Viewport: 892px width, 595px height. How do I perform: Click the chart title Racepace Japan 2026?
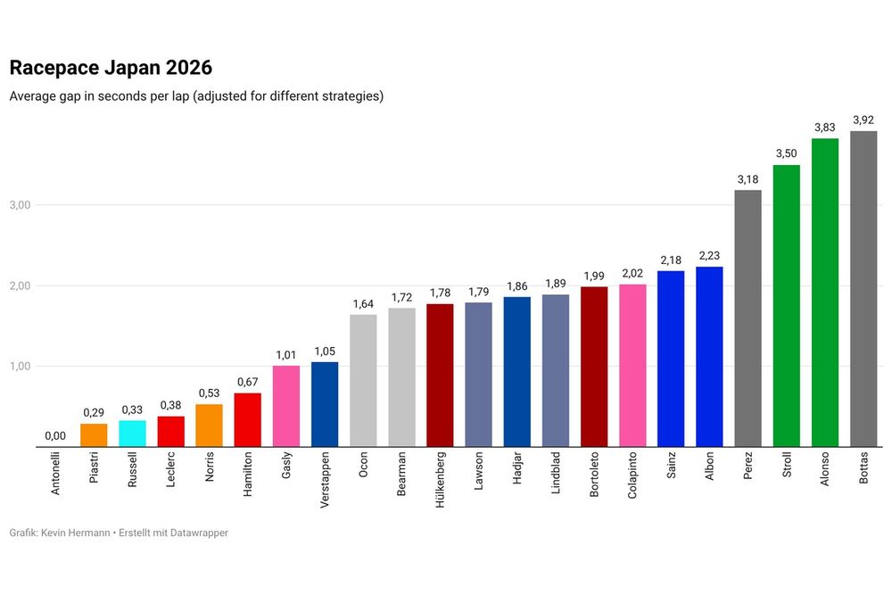[x=111, y=68]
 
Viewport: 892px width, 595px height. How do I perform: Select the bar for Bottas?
[x=863, y=289]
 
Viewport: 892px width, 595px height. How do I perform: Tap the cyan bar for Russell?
[x=132, y=434]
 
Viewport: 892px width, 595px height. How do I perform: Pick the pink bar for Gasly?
[x=286, y=406]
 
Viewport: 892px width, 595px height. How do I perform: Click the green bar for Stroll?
[x=786, y=306]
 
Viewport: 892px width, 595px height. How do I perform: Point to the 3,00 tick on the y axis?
[x=20, y=205]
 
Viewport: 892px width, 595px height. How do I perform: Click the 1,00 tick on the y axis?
[x=20, y=367]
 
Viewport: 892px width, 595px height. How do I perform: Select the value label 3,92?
[x=863, y=120]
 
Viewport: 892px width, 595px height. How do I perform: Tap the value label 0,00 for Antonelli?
[x=55, y=436]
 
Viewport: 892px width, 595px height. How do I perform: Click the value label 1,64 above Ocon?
[x=363, y=303]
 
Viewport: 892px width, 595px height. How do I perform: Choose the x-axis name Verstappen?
[x=325, y=482]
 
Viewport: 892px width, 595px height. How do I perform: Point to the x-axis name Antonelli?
[x=55, y=478]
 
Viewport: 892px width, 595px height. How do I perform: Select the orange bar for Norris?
[x=209, y=426]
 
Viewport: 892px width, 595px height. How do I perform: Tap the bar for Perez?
[x=747, y=318]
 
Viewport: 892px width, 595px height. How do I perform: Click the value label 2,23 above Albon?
[x=709, y=255]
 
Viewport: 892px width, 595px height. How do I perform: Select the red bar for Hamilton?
[x=247, y=420]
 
